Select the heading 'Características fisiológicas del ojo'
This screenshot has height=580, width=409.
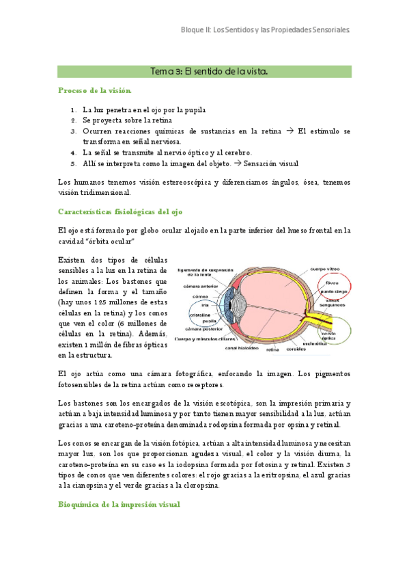[119, 211]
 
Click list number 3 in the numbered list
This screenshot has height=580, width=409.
[73, 131]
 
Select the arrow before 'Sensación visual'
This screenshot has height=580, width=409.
[238, 163]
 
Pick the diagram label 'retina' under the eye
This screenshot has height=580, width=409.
[273, 350]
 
